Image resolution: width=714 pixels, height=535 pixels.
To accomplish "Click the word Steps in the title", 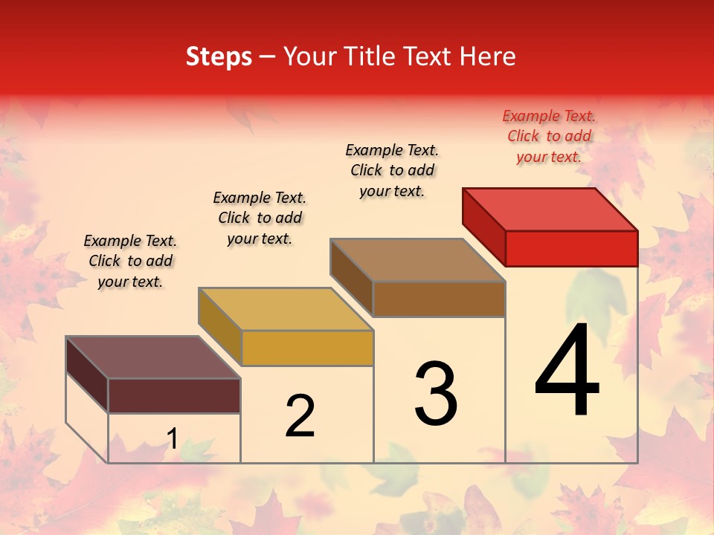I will click(219, 56).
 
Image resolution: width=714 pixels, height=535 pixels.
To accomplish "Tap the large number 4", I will click(567, 372).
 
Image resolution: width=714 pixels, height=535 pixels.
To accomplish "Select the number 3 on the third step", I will click(436, 394).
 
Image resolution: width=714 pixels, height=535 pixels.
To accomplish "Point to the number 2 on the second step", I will click(300, 416).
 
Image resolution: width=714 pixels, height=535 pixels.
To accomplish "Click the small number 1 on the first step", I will click(172, 439).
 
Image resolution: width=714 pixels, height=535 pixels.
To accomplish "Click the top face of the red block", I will click(550, 209).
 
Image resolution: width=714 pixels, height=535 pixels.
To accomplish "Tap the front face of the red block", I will click(571, 248).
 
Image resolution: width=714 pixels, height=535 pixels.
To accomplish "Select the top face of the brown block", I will click(418, 260).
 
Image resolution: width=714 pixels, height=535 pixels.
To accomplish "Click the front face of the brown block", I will click(439, 299).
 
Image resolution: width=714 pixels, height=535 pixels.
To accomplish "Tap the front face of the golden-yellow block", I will click(307, 348).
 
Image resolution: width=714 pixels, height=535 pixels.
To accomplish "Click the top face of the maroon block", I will click(153, 357).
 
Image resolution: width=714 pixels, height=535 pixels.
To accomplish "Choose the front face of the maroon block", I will click(174, 395).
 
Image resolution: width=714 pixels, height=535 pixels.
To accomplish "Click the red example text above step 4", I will click(549, 136).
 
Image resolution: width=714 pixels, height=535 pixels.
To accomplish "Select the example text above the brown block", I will click(392, 170).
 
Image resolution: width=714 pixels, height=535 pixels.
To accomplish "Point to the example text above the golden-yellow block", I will click(260, 218).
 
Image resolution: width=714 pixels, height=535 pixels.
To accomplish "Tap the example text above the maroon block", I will click(130, 261).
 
